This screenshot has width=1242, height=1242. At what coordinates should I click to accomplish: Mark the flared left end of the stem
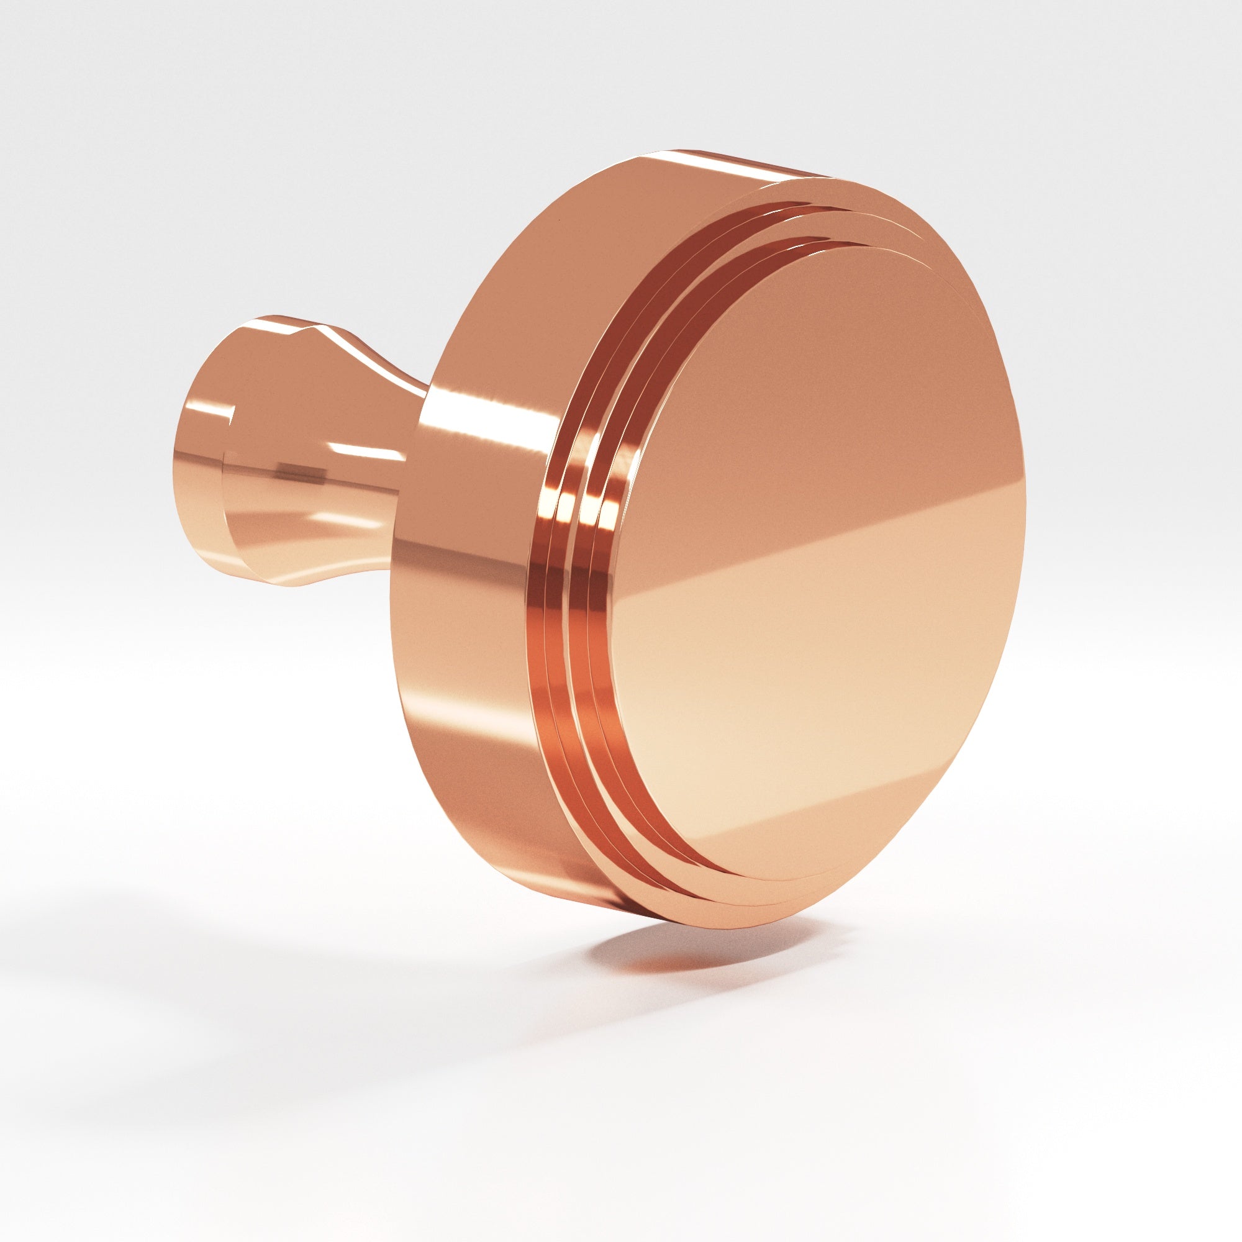[199, 463]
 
